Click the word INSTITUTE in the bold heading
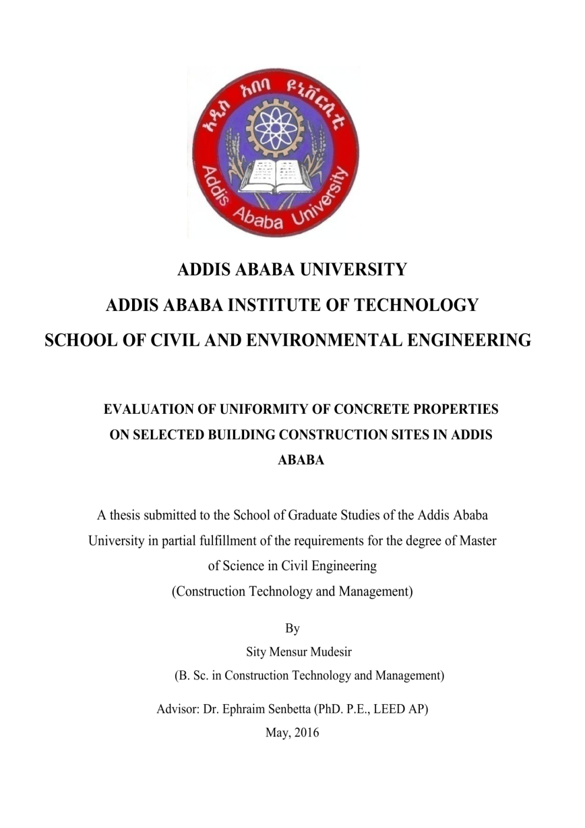coord(270,305)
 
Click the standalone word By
coord(292,629)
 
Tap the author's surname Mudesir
coord(330,652)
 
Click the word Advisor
coord(178,709)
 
